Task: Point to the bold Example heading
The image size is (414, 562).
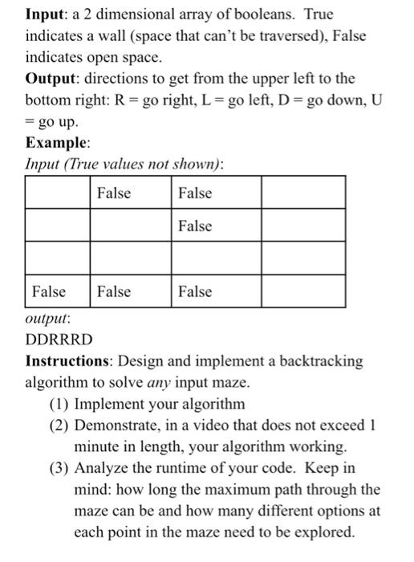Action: click(x=56, y=143)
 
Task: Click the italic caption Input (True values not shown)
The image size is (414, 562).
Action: click(x=123, y=164)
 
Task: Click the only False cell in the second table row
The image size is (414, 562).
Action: click(x=196, y=226)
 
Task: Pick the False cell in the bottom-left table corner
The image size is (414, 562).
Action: click(x=50, y=291)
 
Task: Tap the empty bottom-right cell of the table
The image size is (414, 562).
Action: click(x=303, y=291)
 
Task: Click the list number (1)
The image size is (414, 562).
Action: click(x=59, y=404)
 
